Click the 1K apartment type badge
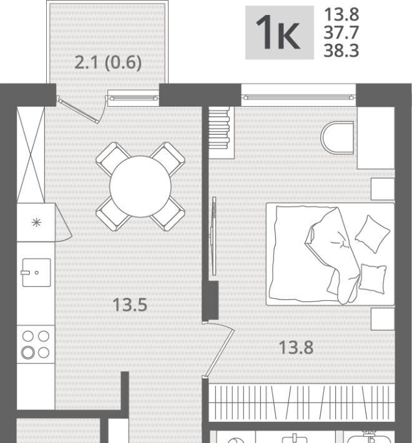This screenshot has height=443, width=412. [279, 32]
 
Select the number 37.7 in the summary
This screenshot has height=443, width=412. [341, 32]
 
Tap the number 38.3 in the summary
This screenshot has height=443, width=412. [341, 51]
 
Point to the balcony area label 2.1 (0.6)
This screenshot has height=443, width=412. [108, 62]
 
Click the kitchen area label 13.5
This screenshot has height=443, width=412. [130, 305]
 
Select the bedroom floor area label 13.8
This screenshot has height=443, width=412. [296, 348]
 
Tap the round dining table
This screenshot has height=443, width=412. [140, 187]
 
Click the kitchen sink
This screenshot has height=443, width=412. [36, 273]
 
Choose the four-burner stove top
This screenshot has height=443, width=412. [36, 344]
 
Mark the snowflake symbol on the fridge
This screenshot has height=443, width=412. [36, 223]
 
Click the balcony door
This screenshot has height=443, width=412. [78, 110]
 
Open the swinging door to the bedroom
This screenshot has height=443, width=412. [219, 349]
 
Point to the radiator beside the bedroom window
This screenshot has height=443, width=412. [219, 129]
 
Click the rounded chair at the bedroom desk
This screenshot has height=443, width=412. [337, 138]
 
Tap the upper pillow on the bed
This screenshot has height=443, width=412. [373, 234]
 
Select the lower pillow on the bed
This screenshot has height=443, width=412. [373, 279]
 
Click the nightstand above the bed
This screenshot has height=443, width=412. [383, 189]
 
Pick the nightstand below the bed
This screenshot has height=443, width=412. [383, 319]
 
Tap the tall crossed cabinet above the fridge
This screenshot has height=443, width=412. [31, 155]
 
